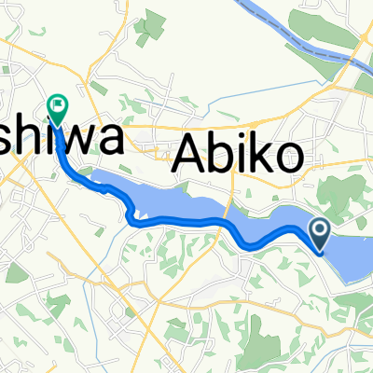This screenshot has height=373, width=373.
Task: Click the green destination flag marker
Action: [x=58, y=110]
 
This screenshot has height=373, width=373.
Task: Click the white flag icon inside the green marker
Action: [x=58, y=105]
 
